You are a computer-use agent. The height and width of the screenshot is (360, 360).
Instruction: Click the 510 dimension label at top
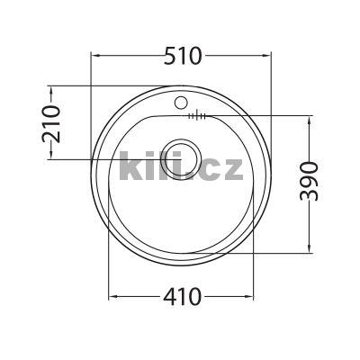click(184, 55)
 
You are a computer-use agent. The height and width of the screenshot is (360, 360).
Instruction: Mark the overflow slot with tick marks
click(198, 116)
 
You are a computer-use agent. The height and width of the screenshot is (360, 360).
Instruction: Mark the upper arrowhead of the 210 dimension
click(51, 90)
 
